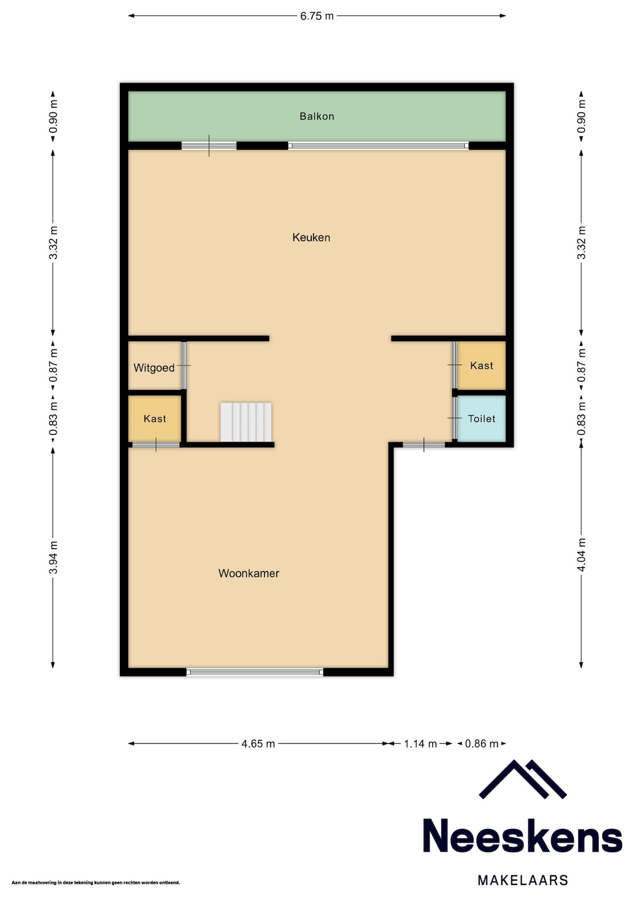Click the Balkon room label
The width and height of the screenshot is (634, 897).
point(316,116)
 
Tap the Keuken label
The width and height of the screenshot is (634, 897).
point(311,237)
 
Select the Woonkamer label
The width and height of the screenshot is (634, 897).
point(248,573)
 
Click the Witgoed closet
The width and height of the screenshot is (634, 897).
point(154,366)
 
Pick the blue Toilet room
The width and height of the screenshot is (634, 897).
point(481,419)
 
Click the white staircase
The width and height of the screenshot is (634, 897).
point(246,422)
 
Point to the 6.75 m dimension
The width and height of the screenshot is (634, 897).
point(316,16)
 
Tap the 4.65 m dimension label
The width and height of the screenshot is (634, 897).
point(258,744)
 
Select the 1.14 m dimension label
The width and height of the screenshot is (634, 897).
point(420,744)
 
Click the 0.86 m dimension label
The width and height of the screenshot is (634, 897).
point(481,744)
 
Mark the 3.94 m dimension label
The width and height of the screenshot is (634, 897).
point(53,557)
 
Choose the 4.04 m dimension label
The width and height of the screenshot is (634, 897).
point(581,555)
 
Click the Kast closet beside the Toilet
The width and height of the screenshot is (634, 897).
point(481,365)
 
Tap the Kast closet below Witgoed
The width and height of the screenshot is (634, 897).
point(154,419)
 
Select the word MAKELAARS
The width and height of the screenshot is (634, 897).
point(523,880)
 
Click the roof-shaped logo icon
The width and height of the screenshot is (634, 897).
point(523,779)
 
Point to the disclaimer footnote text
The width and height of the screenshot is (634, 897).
point(96,882)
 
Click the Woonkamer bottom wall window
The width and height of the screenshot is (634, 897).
point(255,672)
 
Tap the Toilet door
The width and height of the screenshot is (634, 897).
point(455,418)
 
